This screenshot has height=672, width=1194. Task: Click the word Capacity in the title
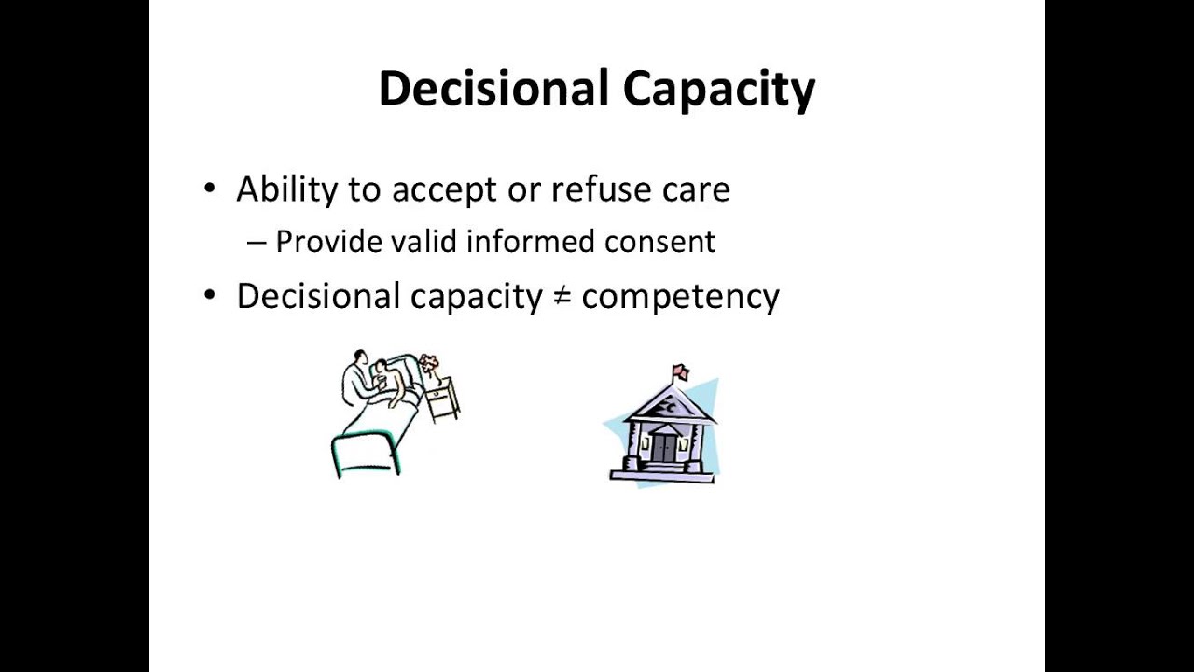(718, 91)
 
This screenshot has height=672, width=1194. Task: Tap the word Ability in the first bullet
(286, 190)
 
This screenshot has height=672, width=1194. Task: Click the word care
(696, 190)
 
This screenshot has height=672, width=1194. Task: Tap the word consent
(659, 243)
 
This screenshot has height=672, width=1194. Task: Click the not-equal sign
(562, 297)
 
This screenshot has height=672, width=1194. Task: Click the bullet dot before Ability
(209, 189)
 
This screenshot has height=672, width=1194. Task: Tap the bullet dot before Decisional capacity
(209, 296)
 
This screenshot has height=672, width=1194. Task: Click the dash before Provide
(257, 243)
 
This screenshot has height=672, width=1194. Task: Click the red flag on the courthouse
(680, 372)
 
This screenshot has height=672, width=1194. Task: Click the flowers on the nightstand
(429, 362)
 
